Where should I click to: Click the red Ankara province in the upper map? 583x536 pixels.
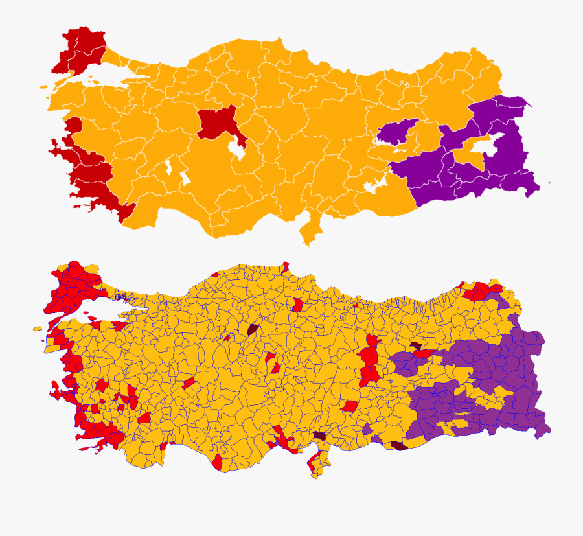tap(217, 123)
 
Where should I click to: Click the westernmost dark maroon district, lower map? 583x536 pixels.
tap(252, 329)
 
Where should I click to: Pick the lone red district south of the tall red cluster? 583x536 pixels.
tap(350, 406)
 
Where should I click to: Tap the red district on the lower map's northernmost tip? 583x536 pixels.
tap(284, 267)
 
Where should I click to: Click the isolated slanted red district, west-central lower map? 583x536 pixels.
tap(189, 383)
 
